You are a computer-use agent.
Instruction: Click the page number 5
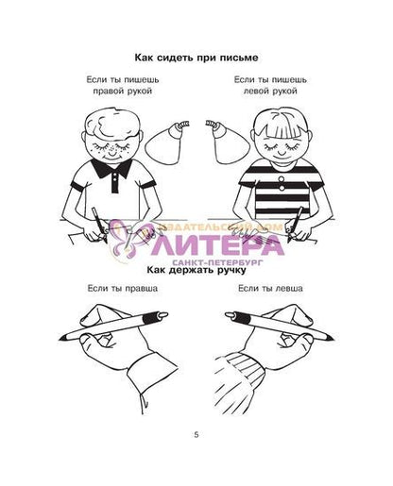(196, 435)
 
